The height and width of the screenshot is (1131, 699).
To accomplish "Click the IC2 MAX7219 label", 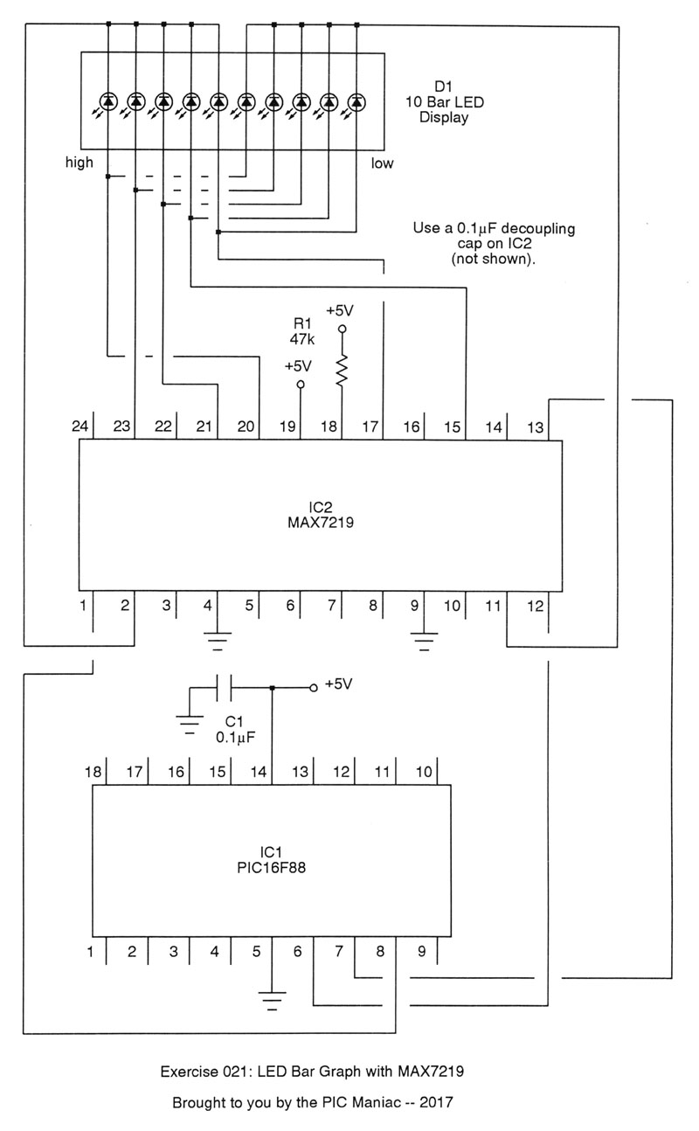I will tap(321, 516).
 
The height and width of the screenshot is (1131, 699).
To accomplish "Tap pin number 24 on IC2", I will tap(81, 427).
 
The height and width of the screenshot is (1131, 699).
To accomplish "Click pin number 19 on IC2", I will tap(287, 427).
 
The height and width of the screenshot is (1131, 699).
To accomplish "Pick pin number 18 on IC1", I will tap(93, 772).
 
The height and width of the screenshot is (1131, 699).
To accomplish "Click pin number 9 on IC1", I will tap(422, 951).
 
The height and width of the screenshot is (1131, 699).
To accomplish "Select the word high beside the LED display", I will tap(79, 163).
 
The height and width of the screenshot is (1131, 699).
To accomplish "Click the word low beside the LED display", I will tap(382, 163).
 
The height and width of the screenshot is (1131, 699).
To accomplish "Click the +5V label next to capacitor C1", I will tap(338, 684).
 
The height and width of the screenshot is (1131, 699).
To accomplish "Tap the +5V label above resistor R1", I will tap(341, 310).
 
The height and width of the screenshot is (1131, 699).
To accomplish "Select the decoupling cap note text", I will tap(494, 244).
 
